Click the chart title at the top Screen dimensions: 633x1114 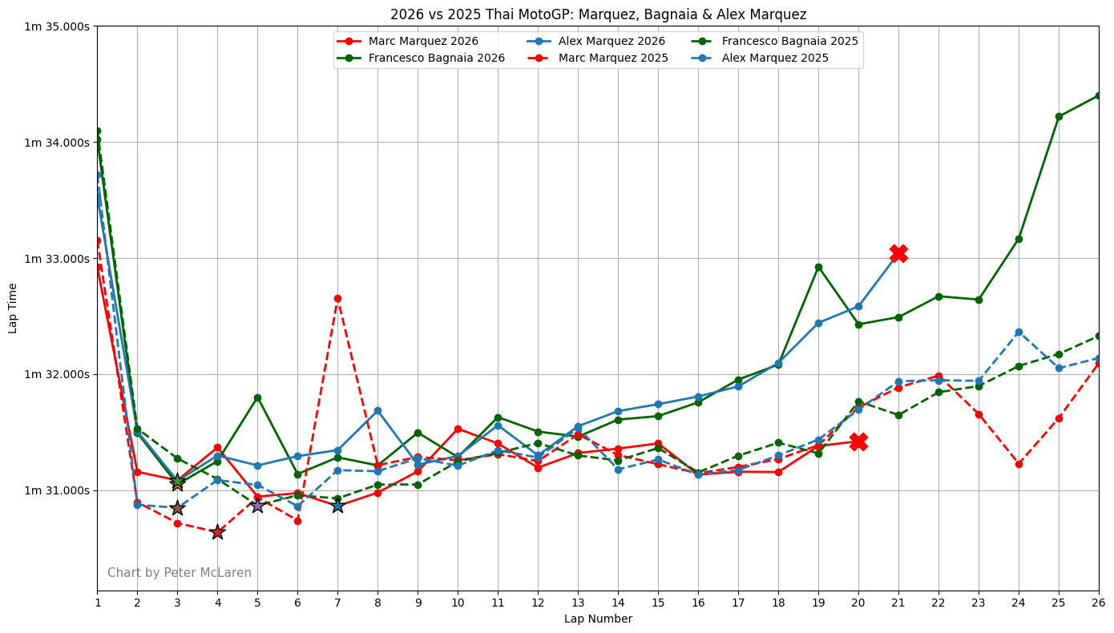598,14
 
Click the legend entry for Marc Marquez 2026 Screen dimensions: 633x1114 422,41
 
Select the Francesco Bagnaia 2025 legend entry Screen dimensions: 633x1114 789,41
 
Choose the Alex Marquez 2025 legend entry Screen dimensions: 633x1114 775,58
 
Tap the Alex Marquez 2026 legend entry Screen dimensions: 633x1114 611,41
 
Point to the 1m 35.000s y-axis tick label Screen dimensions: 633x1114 57,26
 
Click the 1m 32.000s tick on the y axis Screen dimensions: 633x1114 57,374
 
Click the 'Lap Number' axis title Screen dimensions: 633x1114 598,619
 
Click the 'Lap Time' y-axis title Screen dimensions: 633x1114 13,308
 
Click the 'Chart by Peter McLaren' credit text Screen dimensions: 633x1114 180,573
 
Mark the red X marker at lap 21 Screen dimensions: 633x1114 898,253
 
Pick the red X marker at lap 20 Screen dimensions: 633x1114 858,441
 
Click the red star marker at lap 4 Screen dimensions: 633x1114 217,532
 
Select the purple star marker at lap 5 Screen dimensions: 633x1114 257,505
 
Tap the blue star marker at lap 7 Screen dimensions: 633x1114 337,506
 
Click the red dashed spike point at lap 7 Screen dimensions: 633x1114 337,298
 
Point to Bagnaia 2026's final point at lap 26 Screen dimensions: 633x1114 1098,95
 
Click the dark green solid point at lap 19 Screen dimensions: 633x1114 818,267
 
